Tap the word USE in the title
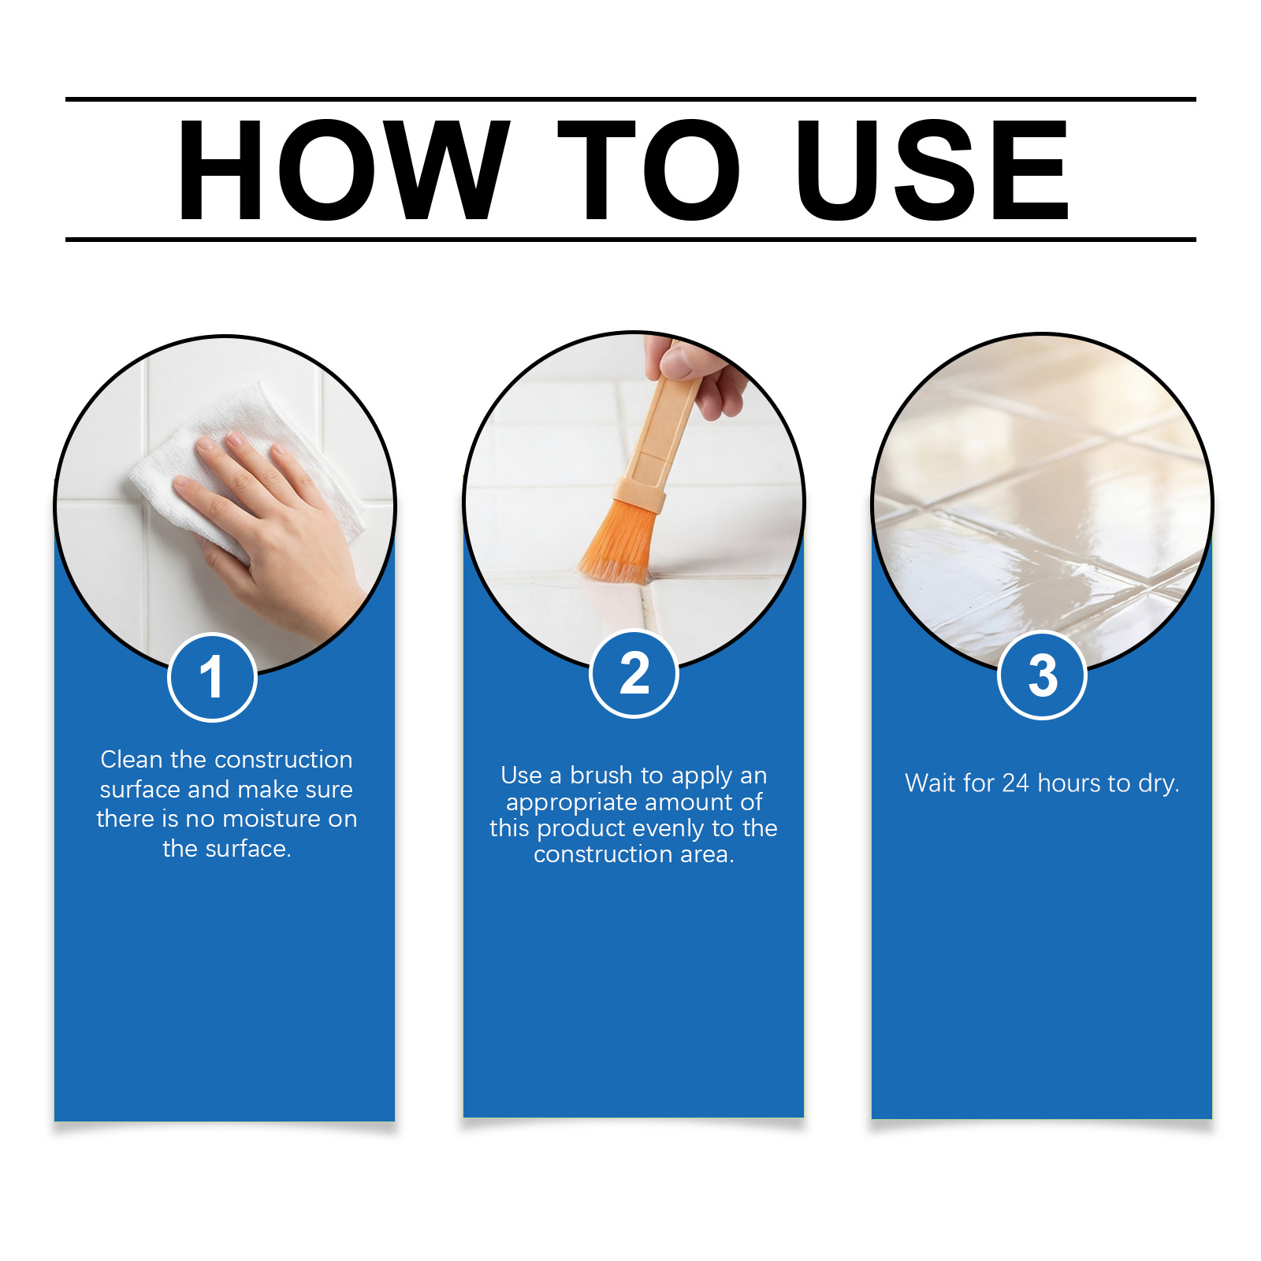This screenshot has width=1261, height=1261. pyautogui.click(x=933, y=169)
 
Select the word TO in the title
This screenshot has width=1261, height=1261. pyautogui.click(x=649, y=169)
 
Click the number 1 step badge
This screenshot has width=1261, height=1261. pyautogui.click(x=212, y=677)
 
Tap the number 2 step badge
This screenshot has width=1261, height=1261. pyautogui.click(x=634, y=674)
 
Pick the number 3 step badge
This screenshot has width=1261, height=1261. pyautogui.click(x=1042, y=675)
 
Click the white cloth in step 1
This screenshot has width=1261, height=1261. pyautogui.click(x=236, y=465)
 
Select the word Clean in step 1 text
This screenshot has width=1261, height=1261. pyautogui.click(x=132, y=759)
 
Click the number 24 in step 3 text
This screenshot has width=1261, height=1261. pyautogui.click(x=1015, y=783)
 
